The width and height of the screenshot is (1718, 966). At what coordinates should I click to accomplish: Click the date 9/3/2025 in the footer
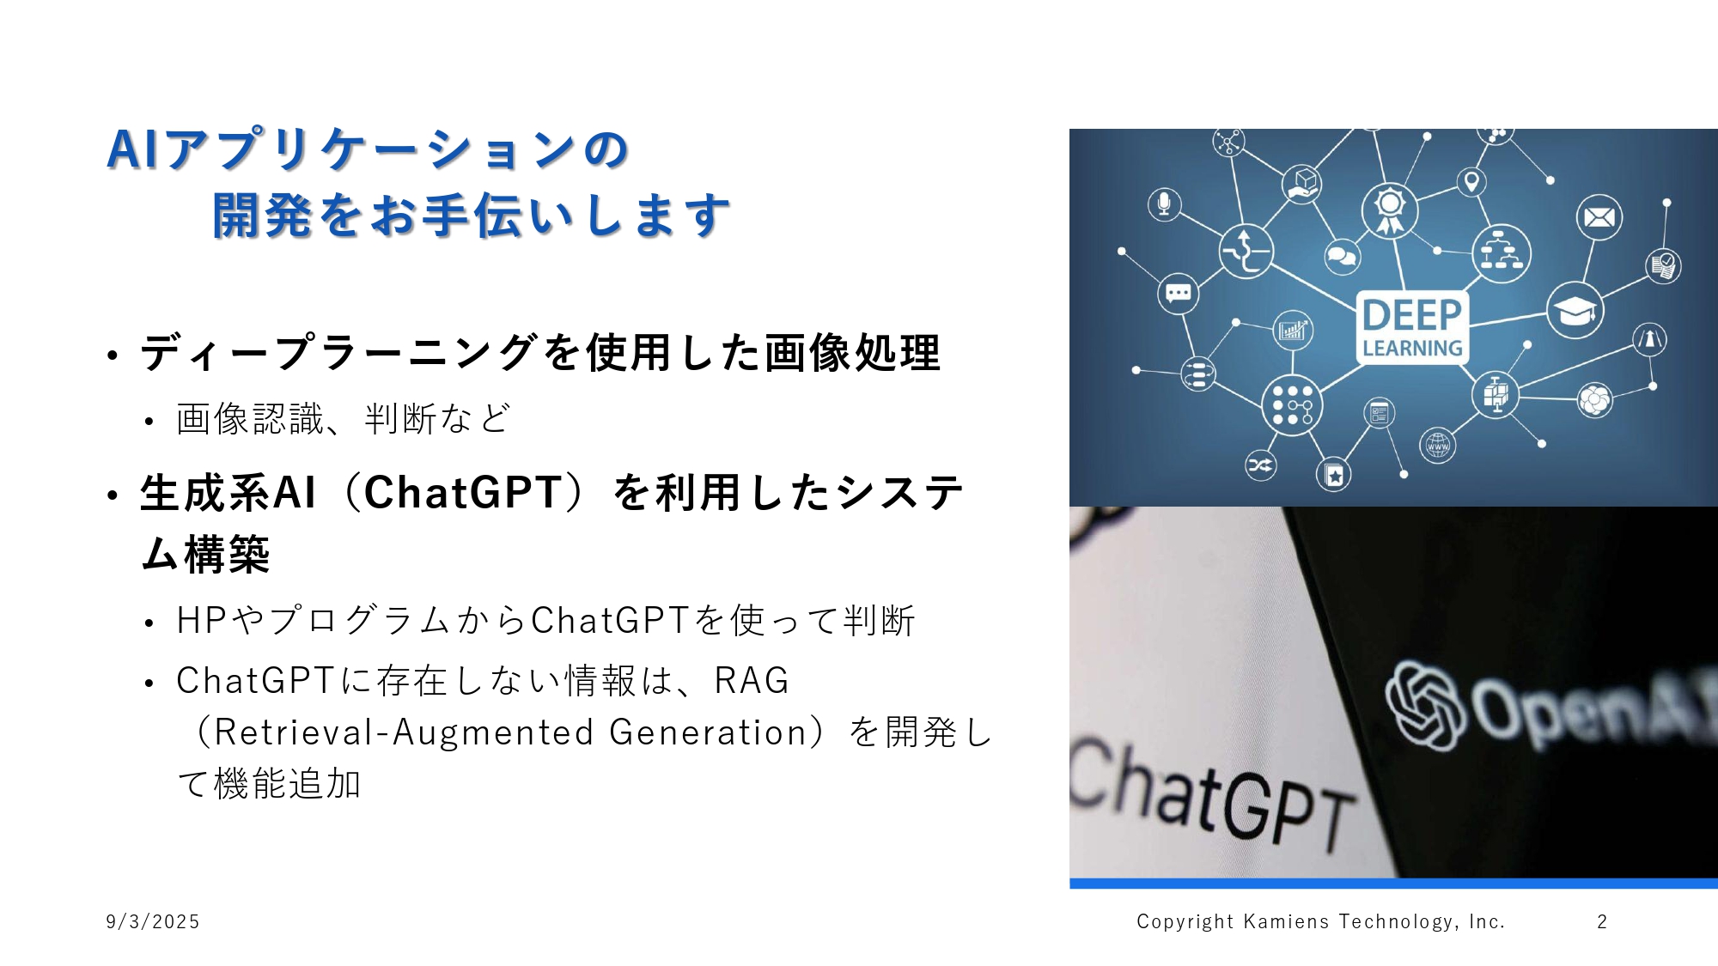(x=152, y=921)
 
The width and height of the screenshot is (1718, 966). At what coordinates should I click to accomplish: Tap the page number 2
(x=1602, y=921)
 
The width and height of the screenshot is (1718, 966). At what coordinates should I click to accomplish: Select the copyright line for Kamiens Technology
(x=1320, y=921)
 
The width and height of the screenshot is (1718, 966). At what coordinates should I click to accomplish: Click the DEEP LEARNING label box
(x=1412, y=327)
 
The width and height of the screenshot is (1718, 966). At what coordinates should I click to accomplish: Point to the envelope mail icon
(x=1599, y=217)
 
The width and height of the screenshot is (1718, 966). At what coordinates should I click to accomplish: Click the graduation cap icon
(x=1575, y=310)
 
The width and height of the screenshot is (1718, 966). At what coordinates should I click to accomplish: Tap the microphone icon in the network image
(x=1164, y=204)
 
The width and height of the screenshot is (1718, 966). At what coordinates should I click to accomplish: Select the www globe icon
(x=1437, y=446)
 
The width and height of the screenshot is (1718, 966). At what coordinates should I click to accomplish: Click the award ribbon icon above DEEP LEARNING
(x=1389, y=210)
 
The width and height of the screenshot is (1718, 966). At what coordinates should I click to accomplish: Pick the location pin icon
(x=1471, y=182)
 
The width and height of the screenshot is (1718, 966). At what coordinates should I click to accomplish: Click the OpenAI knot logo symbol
(x=1424, y=704)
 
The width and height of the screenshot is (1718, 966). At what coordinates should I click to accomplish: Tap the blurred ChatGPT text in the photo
(x=1211, y=794)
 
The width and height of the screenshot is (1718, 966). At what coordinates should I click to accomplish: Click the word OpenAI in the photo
(x=1589, y=704)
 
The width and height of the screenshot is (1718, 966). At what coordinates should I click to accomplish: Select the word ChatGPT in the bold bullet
(x=463, y=493)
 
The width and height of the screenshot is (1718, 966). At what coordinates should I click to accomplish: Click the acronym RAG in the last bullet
(x=752, y=681)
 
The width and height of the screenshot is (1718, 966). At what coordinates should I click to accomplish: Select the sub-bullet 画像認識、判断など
(x=343, y=419)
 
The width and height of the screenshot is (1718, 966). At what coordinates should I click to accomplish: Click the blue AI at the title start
(x=132, y=150)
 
